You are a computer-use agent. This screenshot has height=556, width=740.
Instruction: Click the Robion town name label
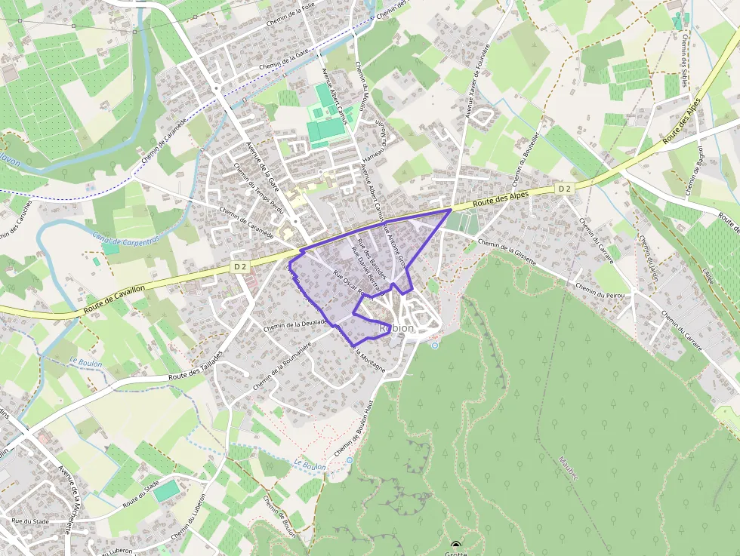(396, 328)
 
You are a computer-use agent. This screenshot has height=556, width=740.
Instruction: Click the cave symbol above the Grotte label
(455, 544)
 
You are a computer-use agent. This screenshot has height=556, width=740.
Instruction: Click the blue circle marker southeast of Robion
(434, 346)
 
